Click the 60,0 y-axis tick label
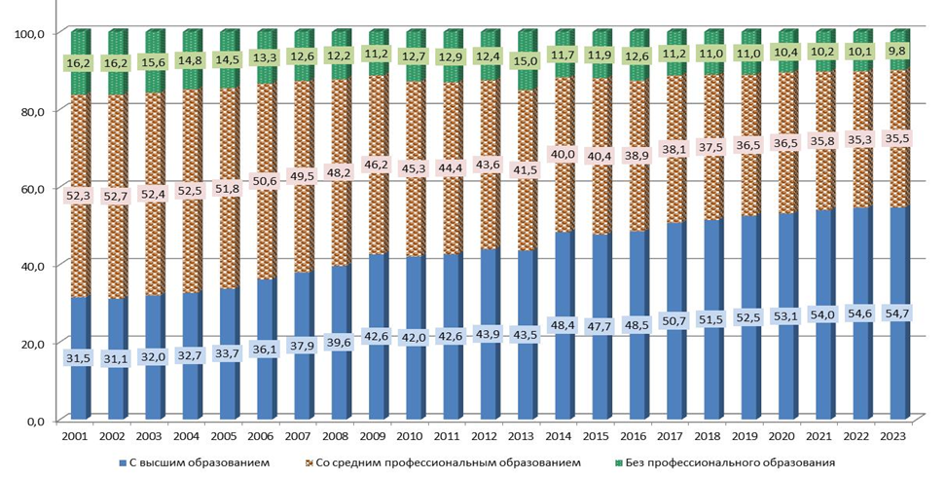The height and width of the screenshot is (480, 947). (x=34, y=188)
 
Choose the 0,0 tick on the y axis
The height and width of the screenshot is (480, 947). (x=37, y=421)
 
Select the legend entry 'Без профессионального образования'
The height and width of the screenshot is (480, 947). (x=731, y=462)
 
